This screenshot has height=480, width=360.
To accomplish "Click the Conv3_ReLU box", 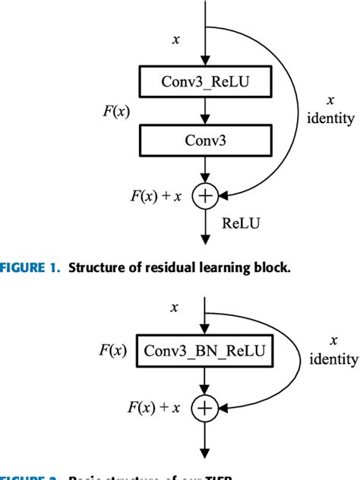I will click(x=204, y=82).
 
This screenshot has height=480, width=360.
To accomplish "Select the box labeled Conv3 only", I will click(x=204, y=141).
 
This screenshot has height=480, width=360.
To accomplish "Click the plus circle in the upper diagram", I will click(x=204, y=197).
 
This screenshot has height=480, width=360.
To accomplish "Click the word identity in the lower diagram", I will click(x=333, y=358).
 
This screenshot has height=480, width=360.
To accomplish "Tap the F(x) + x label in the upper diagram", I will click(x=155, y=197).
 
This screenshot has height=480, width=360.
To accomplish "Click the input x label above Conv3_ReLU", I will click(x=176, y=39).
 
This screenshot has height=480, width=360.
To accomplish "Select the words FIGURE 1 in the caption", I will click(x=30, y=267).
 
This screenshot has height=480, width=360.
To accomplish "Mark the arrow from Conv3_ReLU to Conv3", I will click(x=204, y=111).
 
